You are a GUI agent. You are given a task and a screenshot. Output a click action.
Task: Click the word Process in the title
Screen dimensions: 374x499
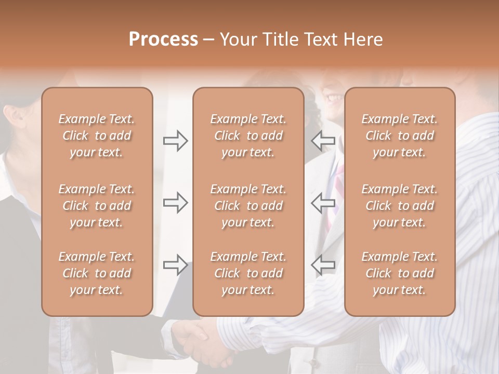pyautogui.click(x=163, y=39)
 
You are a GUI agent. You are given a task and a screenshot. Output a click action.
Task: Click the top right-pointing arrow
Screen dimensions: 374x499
pyautogui.click(x=175, y=141)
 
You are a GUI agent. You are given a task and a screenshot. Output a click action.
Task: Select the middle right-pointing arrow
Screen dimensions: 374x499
pyautogui.click(x=175, y=202)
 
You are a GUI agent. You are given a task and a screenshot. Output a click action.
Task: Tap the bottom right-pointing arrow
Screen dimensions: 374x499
pyautogui.click(x=175, y=265)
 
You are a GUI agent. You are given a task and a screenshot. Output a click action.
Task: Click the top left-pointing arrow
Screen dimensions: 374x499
pyautogui.click(x=323, y=141)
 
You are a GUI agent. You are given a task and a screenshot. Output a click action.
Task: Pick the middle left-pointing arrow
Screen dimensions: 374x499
pyautogui.click(x=323, y=202)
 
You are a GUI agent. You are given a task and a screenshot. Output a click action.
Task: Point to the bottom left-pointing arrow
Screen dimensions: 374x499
pyautogui.click(x=323, y=265)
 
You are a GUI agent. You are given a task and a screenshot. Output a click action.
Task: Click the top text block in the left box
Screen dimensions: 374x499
pyautogui.click(x=97, y=136)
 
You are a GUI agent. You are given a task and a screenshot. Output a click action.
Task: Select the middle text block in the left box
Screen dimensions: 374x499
pyautogui.click(x=97, y=206)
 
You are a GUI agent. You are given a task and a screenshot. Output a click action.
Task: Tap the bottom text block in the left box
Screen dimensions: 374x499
pyautogui.click(x=97, y=273)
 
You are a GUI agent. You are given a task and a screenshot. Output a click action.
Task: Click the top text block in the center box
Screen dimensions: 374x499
pyautogui.click(x=248, y=136)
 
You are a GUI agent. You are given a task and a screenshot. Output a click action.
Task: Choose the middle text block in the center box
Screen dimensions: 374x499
pyautogui.click(x=248, y=206)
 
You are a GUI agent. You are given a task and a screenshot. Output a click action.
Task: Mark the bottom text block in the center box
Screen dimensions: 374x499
pyautogui.click(x=248, y=273)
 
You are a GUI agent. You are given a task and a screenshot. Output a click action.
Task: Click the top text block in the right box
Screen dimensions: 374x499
pyautogui.click(x=400, y=136)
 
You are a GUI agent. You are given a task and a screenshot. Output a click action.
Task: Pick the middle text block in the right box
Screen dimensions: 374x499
pyautogui.click(x=400, y=206)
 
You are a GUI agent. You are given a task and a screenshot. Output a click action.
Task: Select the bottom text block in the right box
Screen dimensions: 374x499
pyautogui.click(x=400, y=273)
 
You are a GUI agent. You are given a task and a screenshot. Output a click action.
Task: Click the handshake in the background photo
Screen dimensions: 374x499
pyautogui.click(x=203, y=340)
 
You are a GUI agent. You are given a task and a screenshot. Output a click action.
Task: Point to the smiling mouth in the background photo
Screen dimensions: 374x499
pyautogui.click(x=333, y=97)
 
